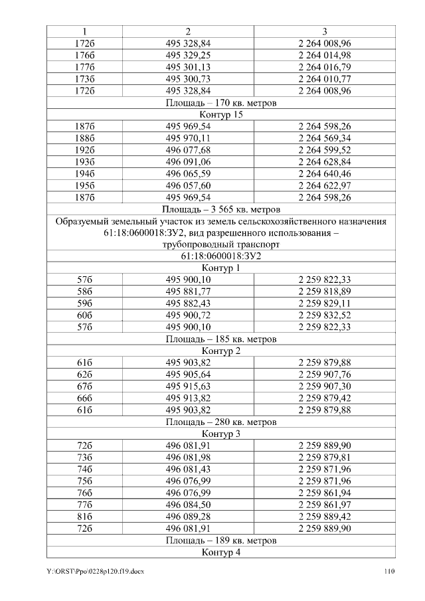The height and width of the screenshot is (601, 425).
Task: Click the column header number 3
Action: (324, 31)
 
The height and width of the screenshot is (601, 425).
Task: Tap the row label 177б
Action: (84, 67)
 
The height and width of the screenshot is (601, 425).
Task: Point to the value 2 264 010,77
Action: (324, 79)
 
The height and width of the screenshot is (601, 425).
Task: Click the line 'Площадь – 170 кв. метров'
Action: (220, 103)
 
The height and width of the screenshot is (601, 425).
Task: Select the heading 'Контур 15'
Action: (220, 115)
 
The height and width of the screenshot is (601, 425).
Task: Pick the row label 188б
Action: (84, 138)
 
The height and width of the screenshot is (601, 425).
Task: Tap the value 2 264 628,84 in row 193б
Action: (324, 162)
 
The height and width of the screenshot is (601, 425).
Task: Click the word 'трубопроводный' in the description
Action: (187, 244)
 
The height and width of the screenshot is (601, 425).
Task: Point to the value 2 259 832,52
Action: (324, 315)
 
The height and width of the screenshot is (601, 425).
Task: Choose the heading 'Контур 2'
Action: (220, 351)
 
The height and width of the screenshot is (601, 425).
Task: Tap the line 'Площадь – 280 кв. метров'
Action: (220, 422)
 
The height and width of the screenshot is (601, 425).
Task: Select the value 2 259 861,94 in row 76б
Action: (324, 493)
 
